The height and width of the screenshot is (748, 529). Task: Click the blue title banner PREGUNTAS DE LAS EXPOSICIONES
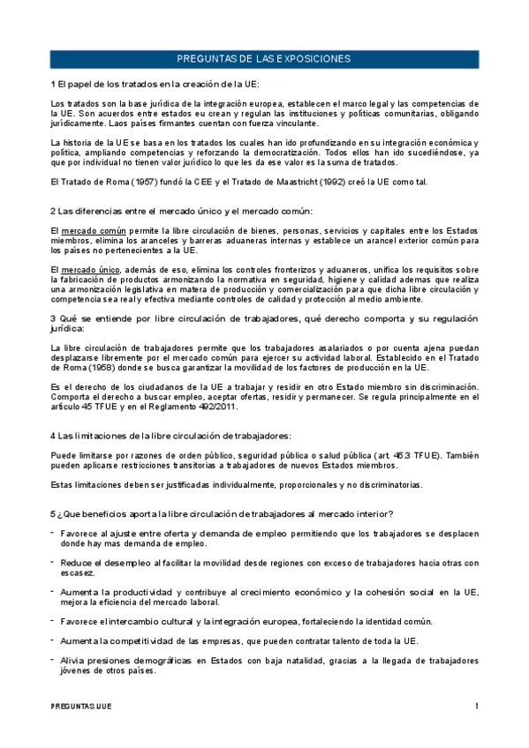(264, 59)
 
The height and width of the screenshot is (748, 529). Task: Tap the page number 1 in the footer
(476, 707)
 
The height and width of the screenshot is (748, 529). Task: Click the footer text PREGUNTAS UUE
(81, 707)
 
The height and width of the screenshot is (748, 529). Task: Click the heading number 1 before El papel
(53, 84)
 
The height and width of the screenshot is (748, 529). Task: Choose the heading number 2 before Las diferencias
(53, 210)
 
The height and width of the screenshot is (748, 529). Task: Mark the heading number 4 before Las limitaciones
(53, 436)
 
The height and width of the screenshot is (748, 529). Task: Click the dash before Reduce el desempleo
(53, 562)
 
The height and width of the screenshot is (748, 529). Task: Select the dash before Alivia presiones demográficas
(53, 659)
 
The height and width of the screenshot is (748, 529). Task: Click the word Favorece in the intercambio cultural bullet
(84, 621)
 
